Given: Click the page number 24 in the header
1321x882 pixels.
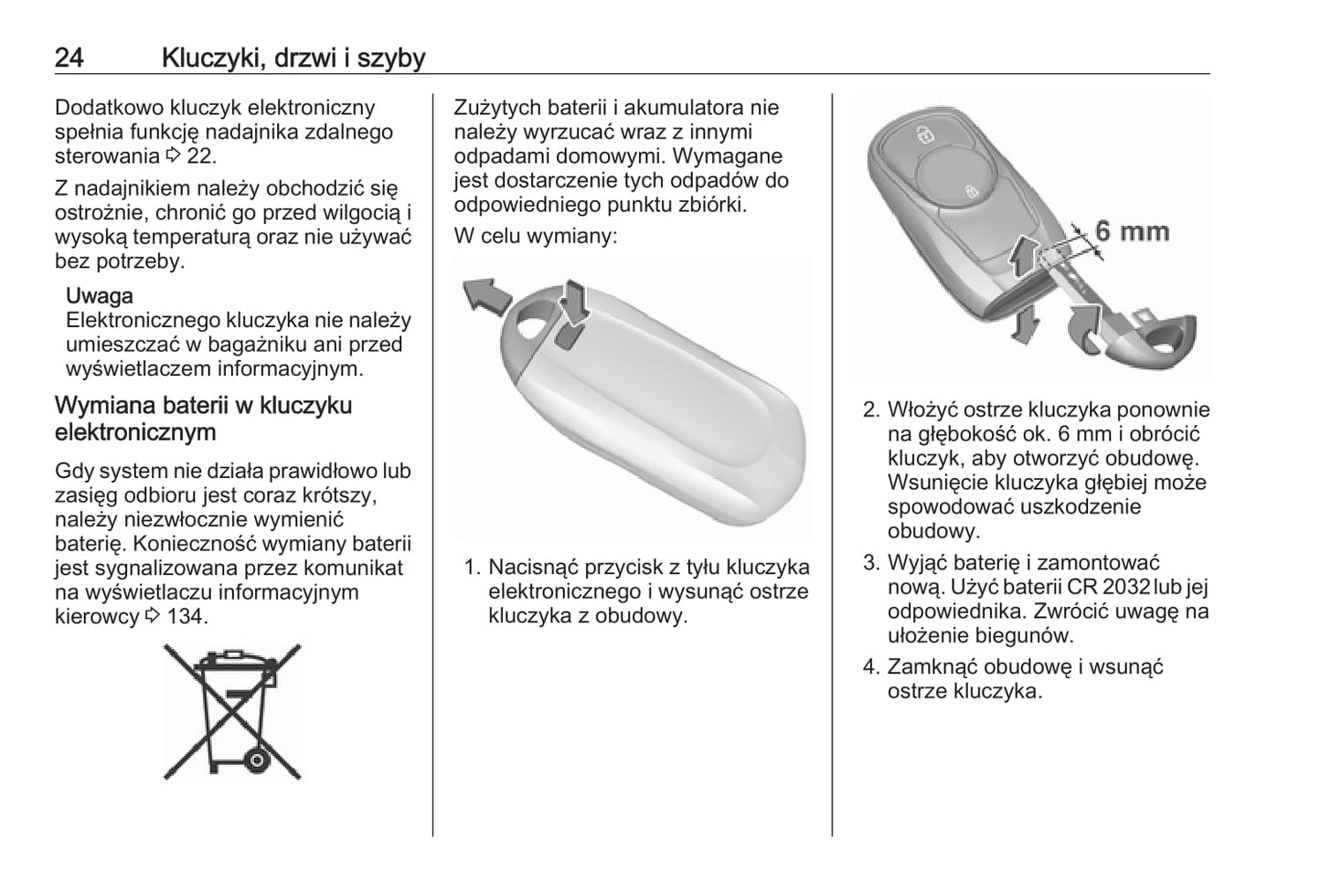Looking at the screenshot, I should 69,58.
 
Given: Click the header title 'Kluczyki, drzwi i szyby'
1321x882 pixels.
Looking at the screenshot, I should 293,58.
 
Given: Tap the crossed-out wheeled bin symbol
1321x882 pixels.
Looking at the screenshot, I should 232,710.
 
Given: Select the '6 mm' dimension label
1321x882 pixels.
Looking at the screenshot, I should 1132,230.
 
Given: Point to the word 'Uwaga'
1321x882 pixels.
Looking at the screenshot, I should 100,296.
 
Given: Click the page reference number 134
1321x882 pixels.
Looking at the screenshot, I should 186,616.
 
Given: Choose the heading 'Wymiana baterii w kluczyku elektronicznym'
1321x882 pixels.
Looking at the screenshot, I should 203,418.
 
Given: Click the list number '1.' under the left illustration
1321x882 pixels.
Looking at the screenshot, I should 472,568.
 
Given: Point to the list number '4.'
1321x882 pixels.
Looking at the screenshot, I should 871,667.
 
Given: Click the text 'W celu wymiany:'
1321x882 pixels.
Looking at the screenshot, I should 536,236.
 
